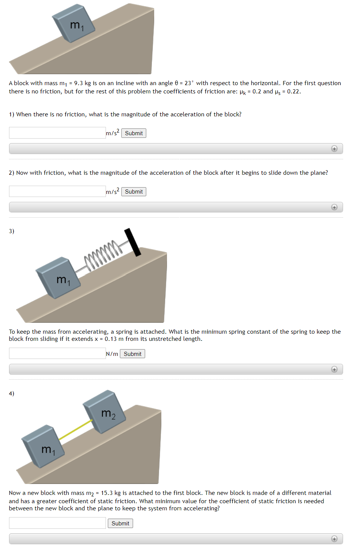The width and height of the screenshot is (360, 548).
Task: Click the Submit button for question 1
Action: pos(133,133)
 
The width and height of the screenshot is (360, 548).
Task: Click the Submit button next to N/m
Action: pos(132,354)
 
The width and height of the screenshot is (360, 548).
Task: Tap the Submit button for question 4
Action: pos(120,524)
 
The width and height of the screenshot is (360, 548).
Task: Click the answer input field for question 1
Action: pos(57,133)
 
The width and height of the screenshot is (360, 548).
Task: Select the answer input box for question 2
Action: pos(57,191)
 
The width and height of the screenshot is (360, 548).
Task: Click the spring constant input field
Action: pos(57,354)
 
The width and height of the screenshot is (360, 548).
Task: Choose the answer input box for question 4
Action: pos(57,523)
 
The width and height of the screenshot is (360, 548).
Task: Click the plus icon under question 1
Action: pos(334,149)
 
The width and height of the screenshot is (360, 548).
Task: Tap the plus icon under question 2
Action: pos(334,207)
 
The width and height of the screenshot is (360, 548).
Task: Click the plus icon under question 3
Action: pos(334,369)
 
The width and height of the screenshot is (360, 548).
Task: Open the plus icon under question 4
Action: pos(334,539)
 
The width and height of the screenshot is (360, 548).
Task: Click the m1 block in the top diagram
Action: pos(74,23)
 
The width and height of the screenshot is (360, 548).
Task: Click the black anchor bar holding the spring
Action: pos(133,242)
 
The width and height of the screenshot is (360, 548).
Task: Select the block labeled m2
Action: pos(104,411)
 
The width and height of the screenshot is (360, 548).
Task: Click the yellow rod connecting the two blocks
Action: pos(75,429)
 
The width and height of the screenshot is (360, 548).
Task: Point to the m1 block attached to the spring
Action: pos(58,278)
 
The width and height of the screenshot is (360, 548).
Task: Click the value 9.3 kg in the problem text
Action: pos(82,83)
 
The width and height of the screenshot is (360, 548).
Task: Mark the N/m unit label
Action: pos(112,354)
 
